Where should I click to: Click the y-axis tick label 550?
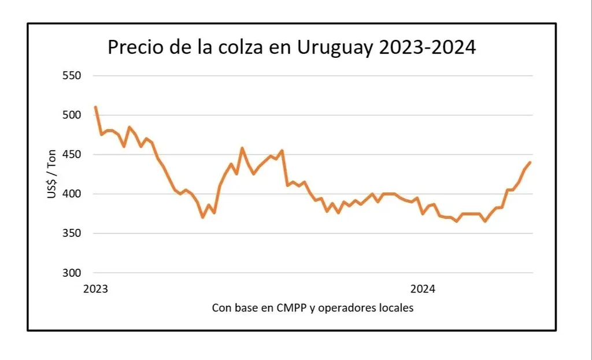pos(71,76)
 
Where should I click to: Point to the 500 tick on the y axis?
pos(71,115)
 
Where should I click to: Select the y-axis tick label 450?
pos(71,154)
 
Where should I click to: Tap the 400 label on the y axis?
pos(71,194)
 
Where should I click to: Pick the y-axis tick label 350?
pos(71,233)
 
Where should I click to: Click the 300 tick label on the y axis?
pos(71,273)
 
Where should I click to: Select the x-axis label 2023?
pos(95,289)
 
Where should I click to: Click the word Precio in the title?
pos(136,47)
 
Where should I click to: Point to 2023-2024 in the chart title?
pos(427,47)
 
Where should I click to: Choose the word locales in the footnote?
pos(396,307)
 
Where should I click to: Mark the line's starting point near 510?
pos(95,107)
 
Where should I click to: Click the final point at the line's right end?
pos(530,162)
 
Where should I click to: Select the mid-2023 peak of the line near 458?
pos(242,148)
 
